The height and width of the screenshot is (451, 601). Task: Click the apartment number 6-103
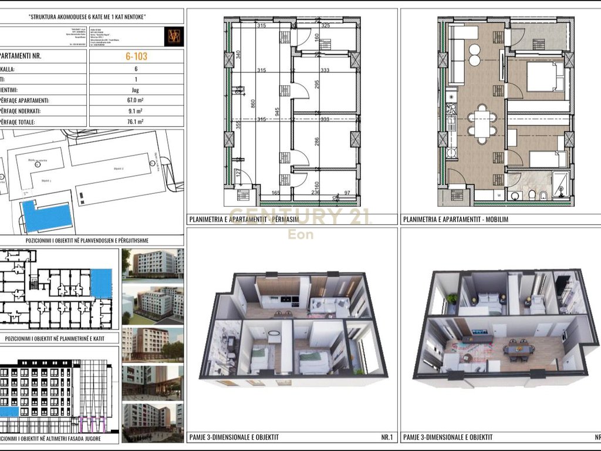(x=136, y=57)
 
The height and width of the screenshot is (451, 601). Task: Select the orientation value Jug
(x=136, y=90)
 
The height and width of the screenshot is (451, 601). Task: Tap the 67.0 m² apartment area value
(x=136, y=100)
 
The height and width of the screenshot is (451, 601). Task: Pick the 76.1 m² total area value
(x=136, y=122)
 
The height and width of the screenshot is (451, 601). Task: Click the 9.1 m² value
(x=136, y=111)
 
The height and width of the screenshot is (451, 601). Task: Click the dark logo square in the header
(x=174, y=36)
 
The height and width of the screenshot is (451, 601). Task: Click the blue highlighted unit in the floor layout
(x=101, y=283)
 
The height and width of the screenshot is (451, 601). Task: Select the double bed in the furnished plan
(x=544, y=77)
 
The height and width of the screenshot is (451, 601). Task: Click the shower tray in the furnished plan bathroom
(x=562, y=184)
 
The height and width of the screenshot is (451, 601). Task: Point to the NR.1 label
(x=380, y=437)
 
